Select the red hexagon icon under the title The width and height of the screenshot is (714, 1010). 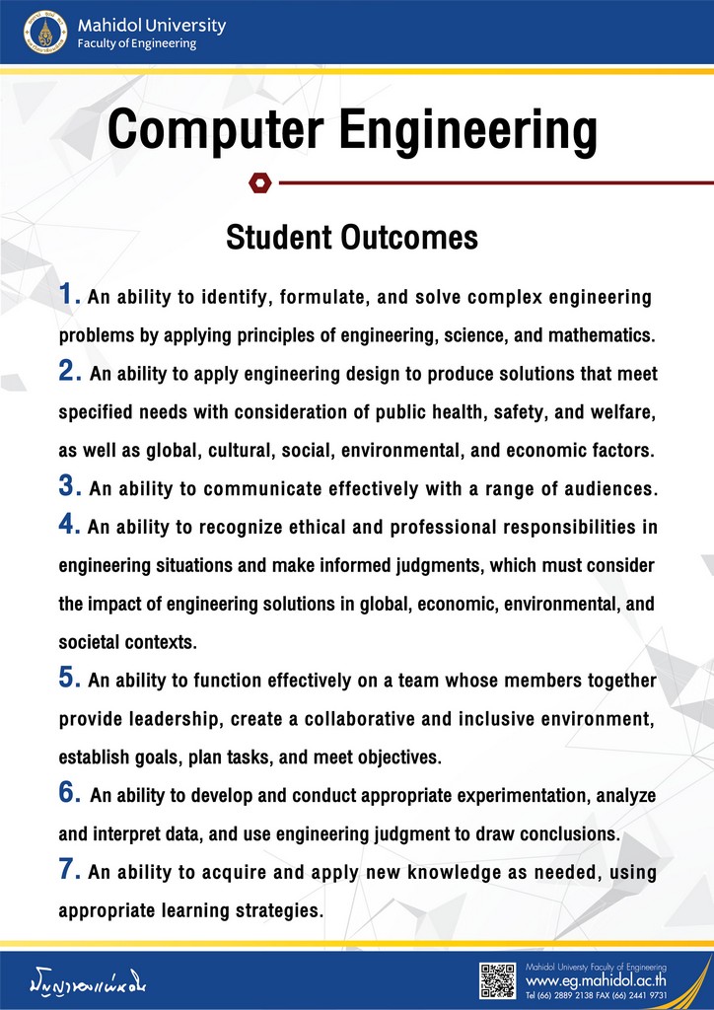click(259, 181)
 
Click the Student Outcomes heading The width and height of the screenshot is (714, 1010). click(352, 238)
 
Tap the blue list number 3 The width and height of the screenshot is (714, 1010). click(68, 486)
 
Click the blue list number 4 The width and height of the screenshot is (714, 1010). click(68, 525)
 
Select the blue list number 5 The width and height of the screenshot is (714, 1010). click(68, 679)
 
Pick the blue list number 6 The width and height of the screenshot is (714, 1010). click(68, 793)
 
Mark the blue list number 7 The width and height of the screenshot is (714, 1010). click(68, 870)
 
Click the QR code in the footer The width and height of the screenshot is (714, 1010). click(498, 980)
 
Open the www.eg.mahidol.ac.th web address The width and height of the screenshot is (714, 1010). click(597, 981)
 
